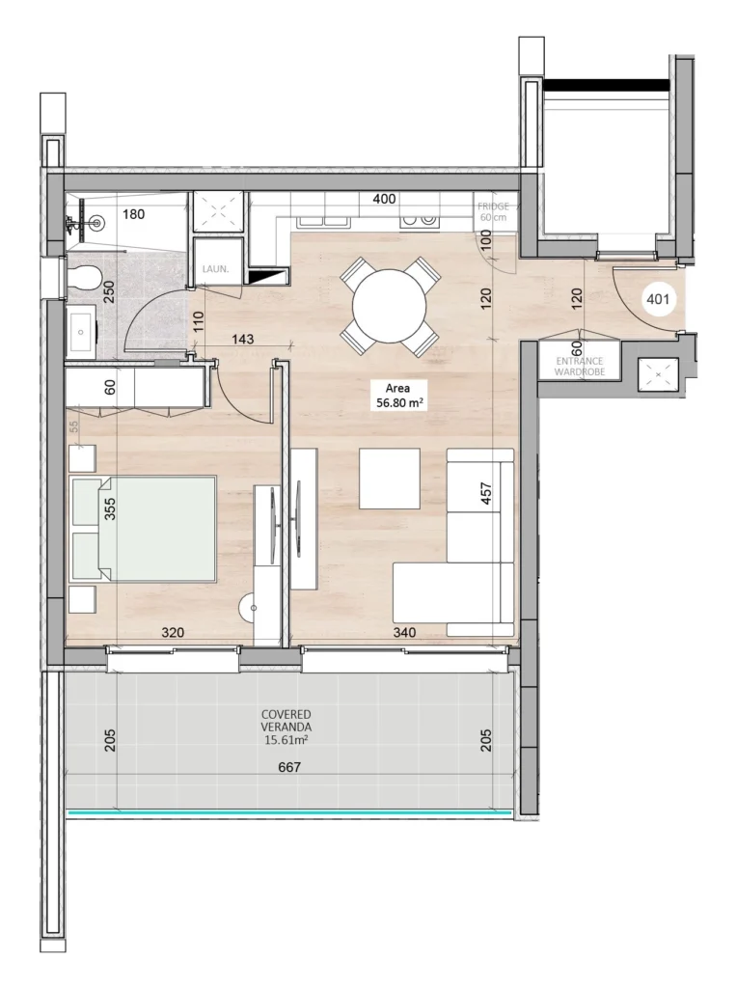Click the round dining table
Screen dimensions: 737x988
pyautogui.click(x=390, y=307)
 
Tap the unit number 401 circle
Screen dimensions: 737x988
pyautogui.click(x=658, y=299)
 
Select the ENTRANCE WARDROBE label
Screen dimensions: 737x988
pyautogui.click(x=580, y=366)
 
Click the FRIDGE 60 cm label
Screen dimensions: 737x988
pyautogui.click(x=493, y=211)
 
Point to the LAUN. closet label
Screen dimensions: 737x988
pyautogui.click(x=215, y=269)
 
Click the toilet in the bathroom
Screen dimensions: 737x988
pyautogui.click(x=84, y=275)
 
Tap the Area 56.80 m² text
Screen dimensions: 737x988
pyautogui.click(x=398, y=396)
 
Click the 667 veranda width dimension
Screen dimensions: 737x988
pyautogui.click(x=289, y=767)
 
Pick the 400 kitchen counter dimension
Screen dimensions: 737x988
pyautogui.click(x=384, y=199)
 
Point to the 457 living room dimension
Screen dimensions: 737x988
pyautogui.click(x=485, y=493)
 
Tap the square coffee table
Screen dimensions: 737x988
pyautogui.click(x=390, y=479)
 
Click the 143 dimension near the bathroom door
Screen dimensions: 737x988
pyautogui.click(x=242, y=339)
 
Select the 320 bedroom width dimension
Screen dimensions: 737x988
pyautogui.click(x=173, y=632)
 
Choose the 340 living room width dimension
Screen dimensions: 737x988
pyautogui.click(x=404, y=632)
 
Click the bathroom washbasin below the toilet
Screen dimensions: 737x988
pyautogui.click(x=81, y=332)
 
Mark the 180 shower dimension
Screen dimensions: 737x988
pyautogui.click(x=133, y=214)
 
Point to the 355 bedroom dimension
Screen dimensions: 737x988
pyautogui.click(x=110, y=509)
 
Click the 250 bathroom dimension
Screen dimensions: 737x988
pyautogui.click(x=109, y=292)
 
